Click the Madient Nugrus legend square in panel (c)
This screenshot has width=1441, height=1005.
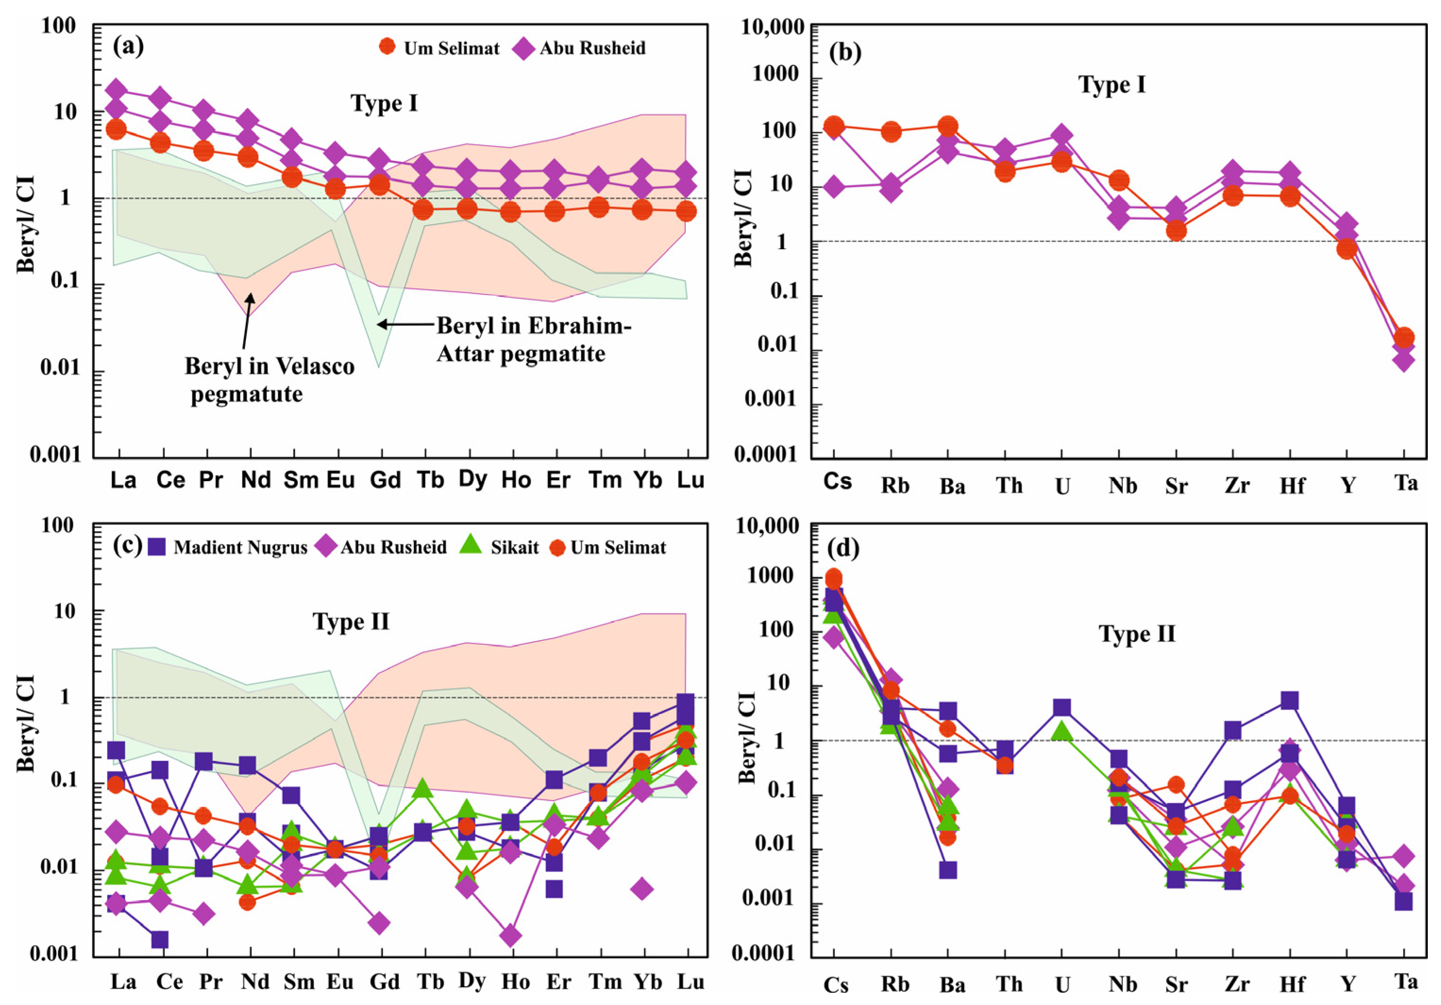pyautogui.click(x=157, y=547)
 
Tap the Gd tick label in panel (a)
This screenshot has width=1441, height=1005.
pyautogui.click(x=384, y=480)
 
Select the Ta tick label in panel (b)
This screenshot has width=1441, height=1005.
pyautogui.click(x=1406, y=483)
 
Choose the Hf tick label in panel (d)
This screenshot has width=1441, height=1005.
pyautogui.click(x=1292, y=984)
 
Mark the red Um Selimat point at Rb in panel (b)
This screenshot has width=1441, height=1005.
pyautogui.click(x=891, y=132)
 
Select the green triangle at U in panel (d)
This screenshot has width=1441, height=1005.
pyautogui.click(x=1062, y=730)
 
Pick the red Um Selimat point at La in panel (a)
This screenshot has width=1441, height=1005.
pyautogui.click(x=116, y=129)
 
